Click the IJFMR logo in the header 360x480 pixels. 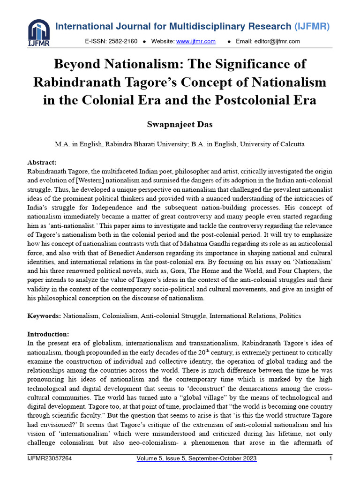(x=38, y=32)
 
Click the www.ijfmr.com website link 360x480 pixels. (x=195, y=41)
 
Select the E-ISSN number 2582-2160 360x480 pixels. (x=123, y=41)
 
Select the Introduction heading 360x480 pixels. (x=48, y=334)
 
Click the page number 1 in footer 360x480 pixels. (x=331, y=458)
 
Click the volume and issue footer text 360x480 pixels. (x=196, y=458)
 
